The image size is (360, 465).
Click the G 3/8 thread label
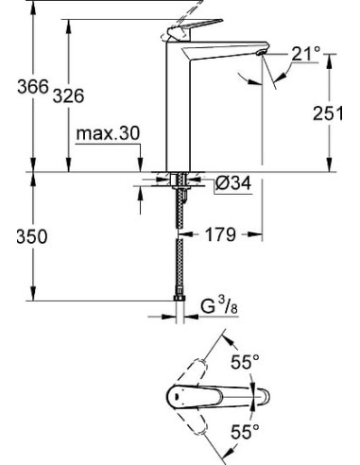point(223,306)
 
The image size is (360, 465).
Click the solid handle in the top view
point(198,396)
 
